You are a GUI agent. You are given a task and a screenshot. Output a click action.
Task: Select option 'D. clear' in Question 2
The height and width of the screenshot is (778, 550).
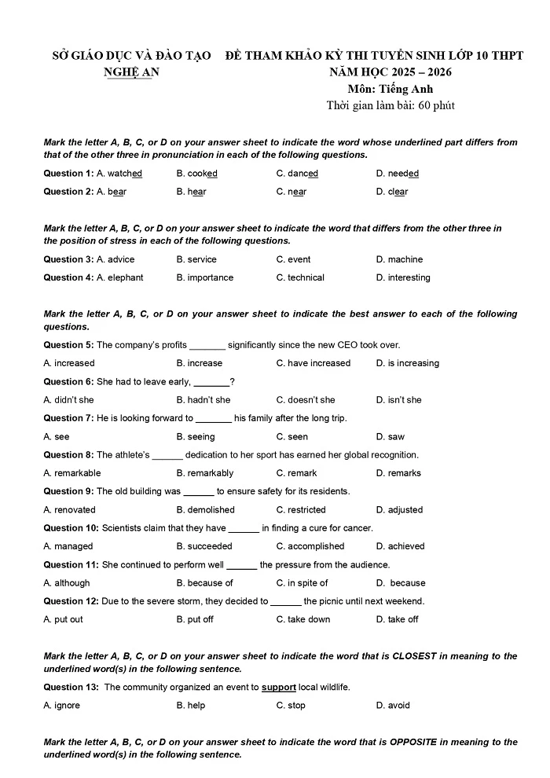(392, 192)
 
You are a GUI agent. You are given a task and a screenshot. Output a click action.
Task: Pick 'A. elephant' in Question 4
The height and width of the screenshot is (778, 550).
(120, 277)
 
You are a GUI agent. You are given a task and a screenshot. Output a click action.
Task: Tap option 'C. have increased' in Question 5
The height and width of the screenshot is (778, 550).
(313, 363)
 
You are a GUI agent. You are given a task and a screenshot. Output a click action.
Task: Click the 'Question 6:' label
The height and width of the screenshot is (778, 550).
(68, 382)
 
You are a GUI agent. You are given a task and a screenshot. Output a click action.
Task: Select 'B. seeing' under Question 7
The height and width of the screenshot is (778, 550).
(196, 437)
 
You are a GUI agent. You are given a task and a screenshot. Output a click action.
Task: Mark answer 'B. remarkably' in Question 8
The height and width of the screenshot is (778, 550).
(205, 473)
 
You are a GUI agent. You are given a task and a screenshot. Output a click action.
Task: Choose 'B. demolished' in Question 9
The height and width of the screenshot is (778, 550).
(205, 510)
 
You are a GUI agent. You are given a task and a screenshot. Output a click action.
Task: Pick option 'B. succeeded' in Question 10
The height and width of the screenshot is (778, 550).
(204, 546)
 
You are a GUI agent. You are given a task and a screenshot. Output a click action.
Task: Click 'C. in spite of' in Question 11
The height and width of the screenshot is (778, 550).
(302, 583)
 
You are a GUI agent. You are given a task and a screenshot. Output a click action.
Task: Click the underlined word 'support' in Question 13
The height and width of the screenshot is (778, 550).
(279, 688)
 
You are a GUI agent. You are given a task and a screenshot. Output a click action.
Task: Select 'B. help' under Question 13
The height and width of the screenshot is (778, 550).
(191, 706)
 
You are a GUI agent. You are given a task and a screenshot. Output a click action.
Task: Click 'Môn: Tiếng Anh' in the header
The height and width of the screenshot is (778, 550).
(390, 89)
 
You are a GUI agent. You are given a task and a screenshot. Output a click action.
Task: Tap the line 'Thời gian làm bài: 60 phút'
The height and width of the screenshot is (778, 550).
(390, 105)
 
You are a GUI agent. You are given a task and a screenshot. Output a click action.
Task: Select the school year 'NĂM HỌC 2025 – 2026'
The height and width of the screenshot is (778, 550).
(390, 73)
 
